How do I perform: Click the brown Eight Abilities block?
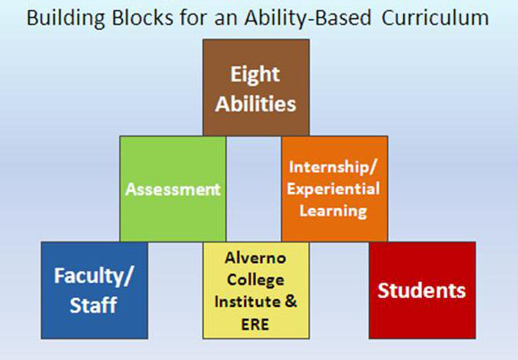256,87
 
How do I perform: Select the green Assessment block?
172,189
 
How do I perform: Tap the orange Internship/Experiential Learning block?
334,189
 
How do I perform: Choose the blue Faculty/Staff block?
94,289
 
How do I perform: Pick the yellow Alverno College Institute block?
256,289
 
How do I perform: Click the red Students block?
422,289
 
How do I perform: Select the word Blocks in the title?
137,18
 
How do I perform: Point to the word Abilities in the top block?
256,103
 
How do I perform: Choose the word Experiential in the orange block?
334,189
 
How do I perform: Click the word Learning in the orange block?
334,211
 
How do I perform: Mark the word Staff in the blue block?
95,305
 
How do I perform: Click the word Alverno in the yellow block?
256,258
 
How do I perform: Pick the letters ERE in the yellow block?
256,322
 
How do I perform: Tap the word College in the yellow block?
256,279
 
